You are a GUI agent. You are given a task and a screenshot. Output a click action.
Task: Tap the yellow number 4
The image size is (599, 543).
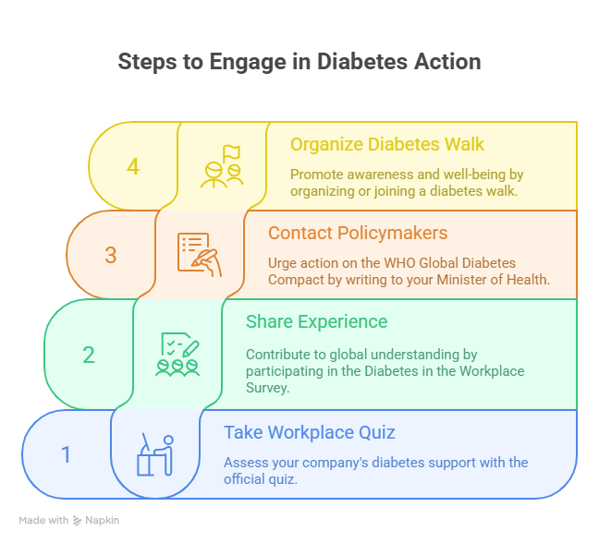(133, 166)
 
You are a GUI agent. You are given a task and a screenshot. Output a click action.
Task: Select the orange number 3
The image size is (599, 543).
(111, 255)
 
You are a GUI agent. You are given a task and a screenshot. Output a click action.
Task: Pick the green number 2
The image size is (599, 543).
(89, 355)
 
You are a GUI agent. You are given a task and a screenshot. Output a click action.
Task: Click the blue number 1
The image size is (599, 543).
(67, 454)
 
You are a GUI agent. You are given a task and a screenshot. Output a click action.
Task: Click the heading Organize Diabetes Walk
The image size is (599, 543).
(387, 145)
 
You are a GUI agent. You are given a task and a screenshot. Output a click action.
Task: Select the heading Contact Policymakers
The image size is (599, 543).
(358, 234)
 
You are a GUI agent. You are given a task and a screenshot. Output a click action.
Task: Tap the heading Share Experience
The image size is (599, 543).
(316, 322)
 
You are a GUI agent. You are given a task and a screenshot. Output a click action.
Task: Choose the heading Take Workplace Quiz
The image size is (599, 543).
(310, 432)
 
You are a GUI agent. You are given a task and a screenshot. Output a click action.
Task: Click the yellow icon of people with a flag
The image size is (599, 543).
(222, 166)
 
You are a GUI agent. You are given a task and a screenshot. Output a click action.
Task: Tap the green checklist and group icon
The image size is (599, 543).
(178, 355)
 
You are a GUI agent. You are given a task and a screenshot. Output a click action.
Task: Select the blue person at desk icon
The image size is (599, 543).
(155, 454)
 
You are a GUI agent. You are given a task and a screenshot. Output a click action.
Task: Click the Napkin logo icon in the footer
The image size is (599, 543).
(78, 521)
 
